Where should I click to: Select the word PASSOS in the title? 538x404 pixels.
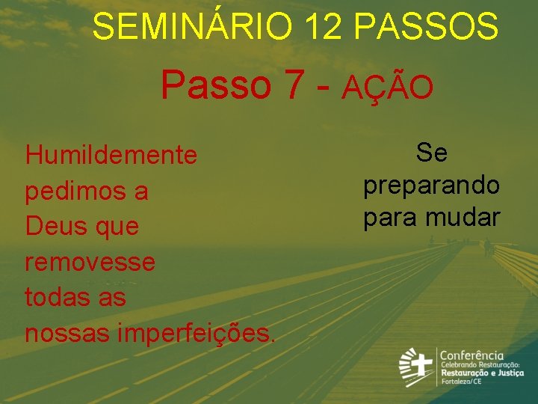tap(426, 27)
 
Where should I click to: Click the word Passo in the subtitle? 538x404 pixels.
tap(216, 85)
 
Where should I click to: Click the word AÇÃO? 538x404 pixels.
tap(388, 88)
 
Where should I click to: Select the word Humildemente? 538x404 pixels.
tap(111, 156)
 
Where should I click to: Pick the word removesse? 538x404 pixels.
tap(90, 262)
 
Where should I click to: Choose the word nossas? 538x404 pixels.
tap(67, 332)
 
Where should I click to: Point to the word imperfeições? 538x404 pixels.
tap(197, 332)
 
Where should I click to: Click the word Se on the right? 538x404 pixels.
tap(432, 153)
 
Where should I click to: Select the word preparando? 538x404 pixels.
tap(432, 186)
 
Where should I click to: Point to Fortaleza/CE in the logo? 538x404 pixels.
tap(460, 382)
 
